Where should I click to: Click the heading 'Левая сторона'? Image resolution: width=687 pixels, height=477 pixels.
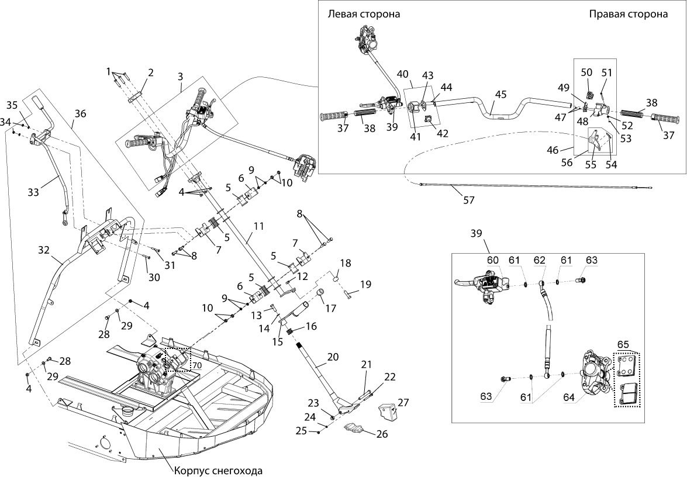[x=364, y=15]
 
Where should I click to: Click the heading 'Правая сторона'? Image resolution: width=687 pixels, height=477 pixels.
[x=628, y=15]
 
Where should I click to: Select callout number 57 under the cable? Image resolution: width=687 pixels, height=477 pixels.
[x=469, y=199]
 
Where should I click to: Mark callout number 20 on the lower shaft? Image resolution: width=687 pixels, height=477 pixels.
[x=333, y=357]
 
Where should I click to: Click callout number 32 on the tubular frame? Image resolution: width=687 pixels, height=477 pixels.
[x=44, y=248]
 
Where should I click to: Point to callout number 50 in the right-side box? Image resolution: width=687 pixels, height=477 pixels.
[x=586, y=72]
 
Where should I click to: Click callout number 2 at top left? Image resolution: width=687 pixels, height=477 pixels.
[x=150, y=72]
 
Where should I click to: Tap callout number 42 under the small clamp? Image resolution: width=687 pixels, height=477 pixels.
[x=442, y=133]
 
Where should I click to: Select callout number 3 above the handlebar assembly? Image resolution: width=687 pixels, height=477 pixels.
[x=180, y=77]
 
